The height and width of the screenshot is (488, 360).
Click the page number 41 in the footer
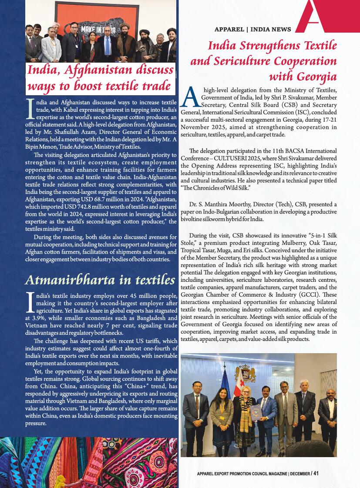tap(316, 473)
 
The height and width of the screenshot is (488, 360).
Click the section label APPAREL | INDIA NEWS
tap(252, 30)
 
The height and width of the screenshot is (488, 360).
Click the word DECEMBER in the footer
tap(299, 474)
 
